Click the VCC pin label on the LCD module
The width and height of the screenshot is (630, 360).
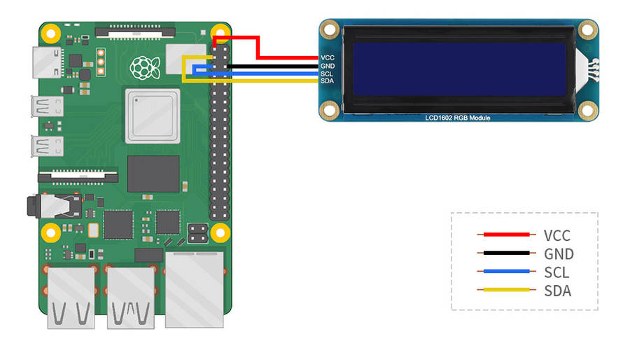[327, 57]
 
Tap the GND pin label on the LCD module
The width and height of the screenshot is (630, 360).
[327, 66]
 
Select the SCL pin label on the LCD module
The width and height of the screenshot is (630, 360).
[327, 74]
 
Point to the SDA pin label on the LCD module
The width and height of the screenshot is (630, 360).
[327, 81]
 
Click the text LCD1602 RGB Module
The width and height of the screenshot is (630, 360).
[458, 118]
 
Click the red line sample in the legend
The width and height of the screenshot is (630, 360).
[503, 235]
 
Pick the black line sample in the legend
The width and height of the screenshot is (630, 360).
[503, 253]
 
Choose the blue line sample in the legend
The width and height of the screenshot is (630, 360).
[503, 271]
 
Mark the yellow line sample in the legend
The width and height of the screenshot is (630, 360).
[503, 289]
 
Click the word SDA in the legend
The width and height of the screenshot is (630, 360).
[558, 290]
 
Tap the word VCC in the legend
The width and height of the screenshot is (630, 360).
[558, 235]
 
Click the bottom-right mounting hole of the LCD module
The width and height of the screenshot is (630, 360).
[587, 109]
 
